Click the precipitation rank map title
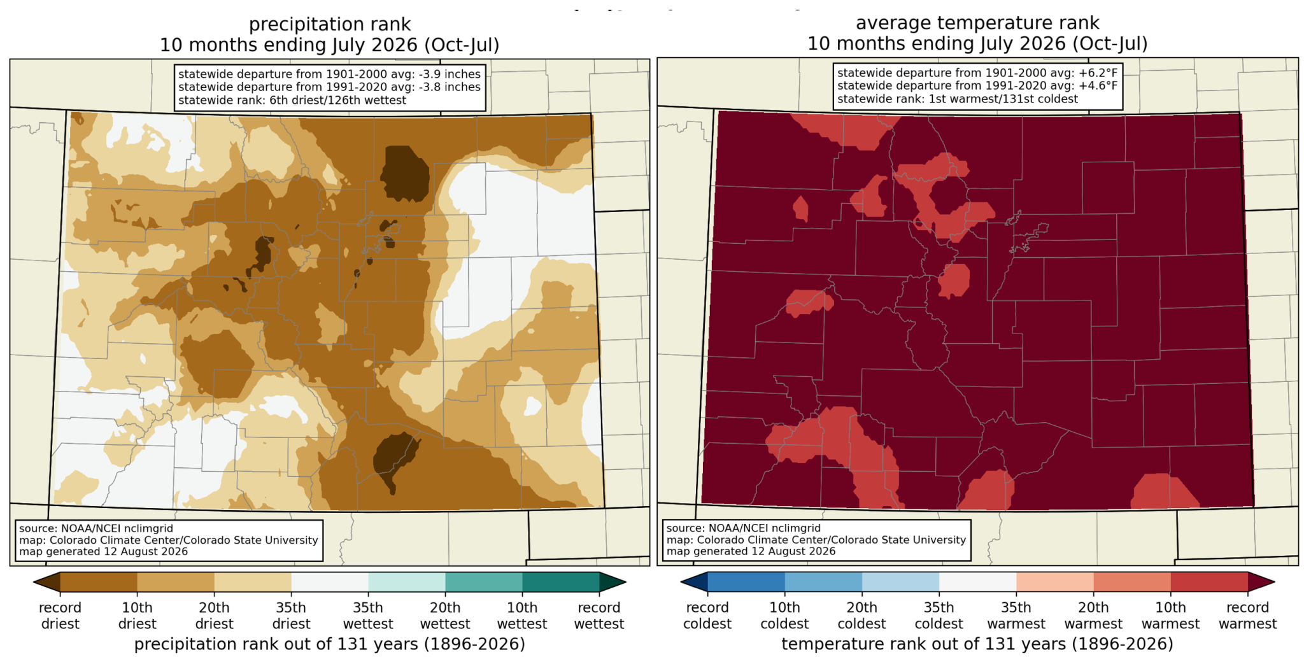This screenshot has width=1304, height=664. click(329, 34)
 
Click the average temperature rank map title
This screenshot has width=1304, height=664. click(977, 33)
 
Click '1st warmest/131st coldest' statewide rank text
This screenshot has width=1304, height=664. click(1003, 99)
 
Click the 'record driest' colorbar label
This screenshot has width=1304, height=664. click(60, 616)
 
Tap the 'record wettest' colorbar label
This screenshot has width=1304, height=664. click(599, 616)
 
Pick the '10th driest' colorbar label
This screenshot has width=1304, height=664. click(137, 616)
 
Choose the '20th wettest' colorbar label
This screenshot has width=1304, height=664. click(445, 616)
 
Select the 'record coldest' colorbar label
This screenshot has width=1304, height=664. click(707, 616)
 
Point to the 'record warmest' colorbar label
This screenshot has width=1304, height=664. click(1248, 616)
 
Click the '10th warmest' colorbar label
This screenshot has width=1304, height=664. click(1171, 616)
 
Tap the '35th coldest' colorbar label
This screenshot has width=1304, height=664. click(939, 616)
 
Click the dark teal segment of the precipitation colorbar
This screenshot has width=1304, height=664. click(560, 583)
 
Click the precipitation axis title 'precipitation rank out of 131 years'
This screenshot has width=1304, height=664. click(329, 644)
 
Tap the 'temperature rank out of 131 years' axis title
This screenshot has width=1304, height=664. click(977, 644)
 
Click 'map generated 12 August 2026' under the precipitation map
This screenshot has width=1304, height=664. click(104, 551)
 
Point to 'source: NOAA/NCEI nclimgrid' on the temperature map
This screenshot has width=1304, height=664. click(744, 528)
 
